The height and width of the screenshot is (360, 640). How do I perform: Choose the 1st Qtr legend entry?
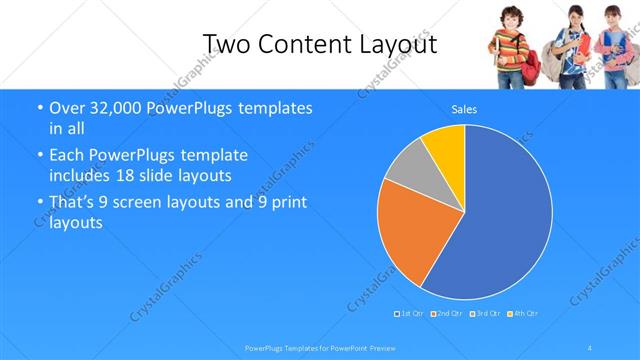410,314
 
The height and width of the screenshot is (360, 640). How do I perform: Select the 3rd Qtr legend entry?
486,314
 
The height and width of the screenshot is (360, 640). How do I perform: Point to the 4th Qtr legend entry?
523,314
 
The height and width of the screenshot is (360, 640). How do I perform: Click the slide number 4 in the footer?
590,348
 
